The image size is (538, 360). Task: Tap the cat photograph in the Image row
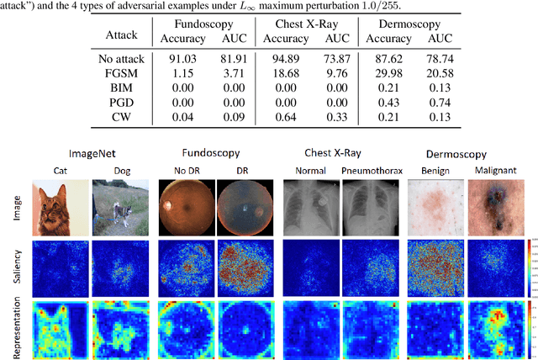click(x=60, y=209)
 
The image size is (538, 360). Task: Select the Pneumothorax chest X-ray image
click(x=369, y=209)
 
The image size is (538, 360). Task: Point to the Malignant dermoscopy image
click(x=493, y=209)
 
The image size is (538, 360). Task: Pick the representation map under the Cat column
click(x=60, y=331)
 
